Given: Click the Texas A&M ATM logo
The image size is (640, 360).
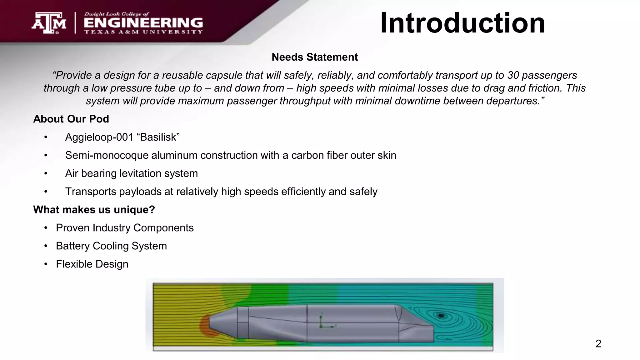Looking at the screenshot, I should [49, 23].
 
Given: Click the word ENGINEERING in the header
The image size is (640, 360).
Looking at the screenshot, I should [143, 23].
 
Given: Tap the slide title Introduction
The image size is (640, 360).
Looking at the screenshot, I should [462, 23].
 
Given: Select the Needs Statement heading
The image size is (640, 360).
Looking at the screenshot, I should [315, 57].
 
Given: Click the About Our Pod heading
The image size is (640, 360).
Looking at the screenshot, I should [71, 119].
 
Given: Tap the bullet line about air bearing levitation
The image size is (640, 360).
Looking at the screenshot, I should [131, 173].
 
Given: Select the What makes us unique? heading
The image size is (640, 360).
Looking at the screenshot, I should [94, 210].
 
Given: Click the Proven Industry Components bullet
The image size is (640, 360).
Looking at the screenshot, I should [125, 228].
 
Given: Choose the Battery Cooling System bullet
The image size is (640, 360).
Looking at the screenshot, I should [111, 246].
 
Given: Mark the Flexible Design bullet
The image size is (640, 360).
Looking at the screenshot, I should [92, 264].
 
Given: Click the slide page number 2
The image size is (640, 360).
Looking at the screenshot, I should [598, 344].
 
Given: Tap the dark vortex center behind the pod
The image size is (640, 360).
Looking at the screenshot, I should [441, 316].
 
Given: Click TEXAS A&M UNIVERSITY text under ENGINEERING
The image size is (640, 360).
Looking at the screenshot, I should [143, 32].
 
